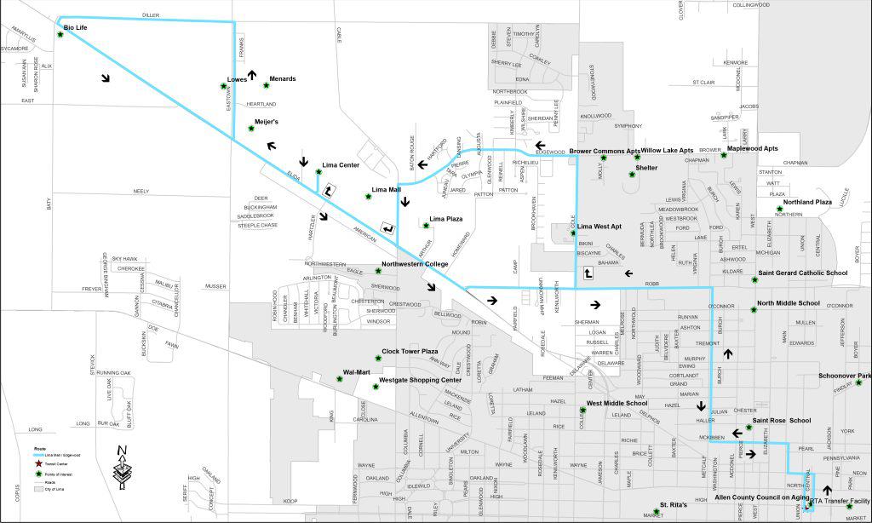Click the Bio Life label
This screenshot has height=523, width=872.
pyautogui.click(x=76, y=28)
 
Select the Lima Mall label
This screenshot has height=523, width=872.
pyautogui.click(x=387, y=189)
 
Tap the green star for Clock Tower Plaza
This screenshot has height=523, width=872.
pyautogui.click(x=376, y=359)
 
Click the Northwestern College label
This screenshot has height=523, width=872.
pyautogui.click(x=414, y=264)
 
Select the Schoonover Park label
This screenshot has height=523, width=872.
pyautogui.click(x=845, y=376)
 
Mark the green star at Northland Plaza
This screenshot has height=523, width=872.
pyautogui.click(x=779, y=209)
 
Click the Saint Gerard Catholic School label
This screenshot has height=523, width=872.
pyautogui.click(x=802, y=273)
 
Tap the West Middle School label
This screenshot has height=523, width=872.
pyautogui.click(x=617, y=403)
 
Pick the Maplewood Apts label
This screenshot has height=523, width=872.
pyautogui.click(x=753, y=149)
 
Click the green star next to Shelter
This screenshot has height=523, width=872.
pyautogui.click(x=632, y=175)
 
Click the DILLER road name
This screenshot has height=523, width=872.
pyautogui.click(x=151, y=14)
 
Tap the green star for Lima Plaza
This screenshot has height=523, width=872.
pyautogui.click(x=426, y=225)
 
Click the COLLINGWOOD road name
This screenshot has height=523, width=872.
pyautogui.click(x=751, y=5)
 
